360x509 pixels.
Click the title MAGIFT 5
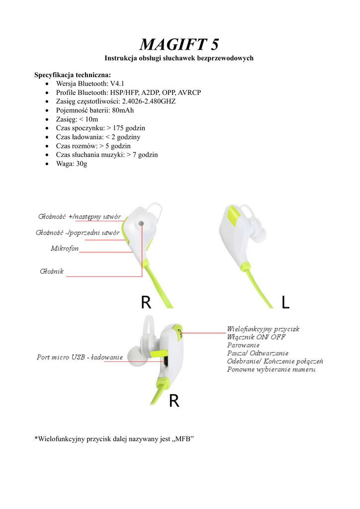(x=179, y=45)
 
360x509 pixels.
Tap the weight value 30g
(x=82, y=164)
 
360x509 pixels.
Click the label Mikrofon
(x=65, y=248)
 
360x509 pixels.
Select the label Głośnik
(x=52, y=271)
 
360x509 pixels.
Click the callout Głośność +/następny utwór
(x=80, y=217)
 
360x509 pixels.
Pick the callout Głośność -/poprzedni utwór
(x=78, y=233)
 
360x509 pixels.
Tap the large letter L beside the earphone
(x=285, y=302)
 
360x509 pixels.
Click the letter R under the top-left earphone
(x=146, y=302)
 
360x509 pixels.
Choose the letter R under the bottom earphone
(x=174, y=400)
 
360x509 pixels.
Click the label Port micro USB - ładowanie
(x=80, y=357)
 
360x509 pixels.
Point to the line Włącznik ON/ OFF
(x=256, y=337)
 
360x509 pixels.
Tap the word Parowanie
(x=244, y=345)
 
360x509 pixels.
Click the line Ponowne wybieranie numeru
(x=271, y=369)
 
